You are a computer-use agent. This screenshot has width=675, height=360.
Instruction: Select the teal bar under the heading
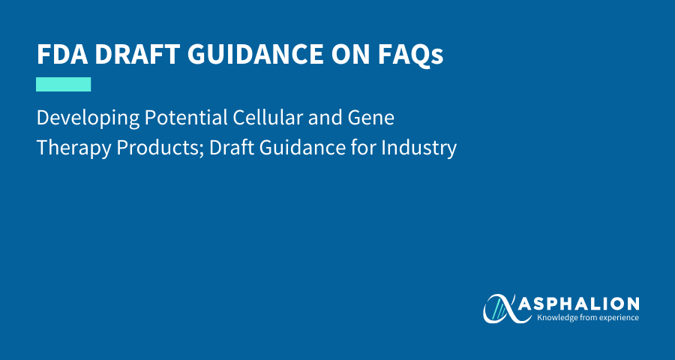pyautogui.click(x=63, y=85)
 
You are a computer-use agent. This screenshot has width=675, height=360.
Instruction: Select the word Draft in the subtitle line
pyautogui.click(x=232, y=148)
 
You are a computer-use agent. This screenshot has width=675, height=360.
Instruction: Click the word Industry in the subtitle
pyautogui.click(x=418, y=148)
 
